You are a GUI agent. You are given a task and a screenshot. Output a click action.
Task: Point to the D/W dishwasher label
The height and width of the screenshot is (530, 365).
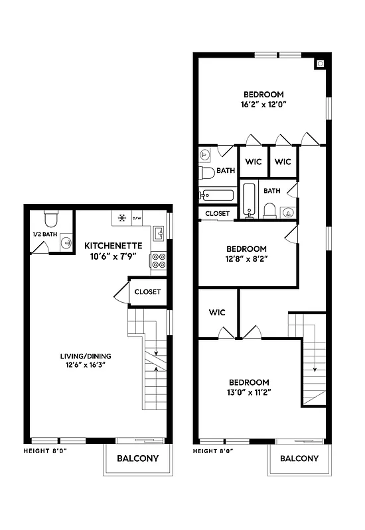point(137,218)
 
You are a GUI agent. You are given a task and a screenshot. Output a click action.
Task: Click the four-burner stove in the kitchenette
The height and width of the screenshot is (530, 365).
point(159,261)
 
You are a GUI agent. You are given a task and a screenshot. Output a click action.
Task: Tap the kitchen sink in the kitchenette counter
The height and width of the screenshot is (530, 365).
point(159,234)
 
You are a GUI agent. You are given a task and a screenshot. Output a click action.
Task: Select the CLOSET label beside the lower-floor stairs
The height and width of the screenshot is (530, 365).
point(147,291)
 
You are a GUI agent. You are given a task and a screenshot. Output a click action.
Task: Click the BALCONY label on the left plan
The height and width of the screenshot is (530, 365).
point(137,458)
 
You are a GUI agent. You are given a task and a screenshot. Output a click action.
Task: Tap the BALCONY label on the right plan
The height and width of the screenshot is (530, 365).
point(299,458)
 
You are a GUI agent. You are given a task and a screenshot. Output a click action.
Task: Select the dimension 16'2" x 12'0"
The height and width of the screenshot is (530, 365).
point(263,104)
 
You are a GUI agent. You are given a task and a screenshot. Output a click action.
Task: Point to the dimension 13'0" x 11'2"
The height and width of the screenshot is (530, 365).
point(249,392)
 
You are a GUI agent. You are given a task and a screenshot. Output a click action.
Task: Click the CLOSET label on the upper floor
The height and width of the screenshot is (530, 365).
point(217,214)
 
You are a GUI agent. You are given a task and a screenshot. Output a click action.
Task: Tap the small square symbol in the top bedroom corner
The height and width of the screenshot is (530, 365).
point(321,64)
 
